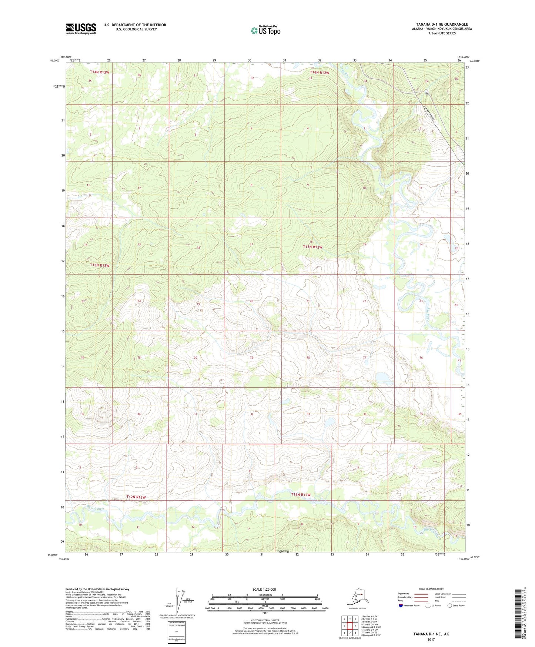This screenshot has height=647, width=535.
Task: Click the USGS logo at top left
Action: [x=81, y=29]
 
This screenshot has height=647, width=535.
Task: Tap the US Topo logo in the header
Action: [x=265, y=30]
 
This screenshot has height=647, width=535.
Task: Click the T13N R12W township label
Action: [x=312, y=247]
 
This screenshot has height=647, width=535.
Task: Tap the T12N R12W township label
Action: [x=300, y=495]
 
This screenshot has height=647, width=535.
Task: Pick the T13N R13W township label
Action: [x=100, y=265]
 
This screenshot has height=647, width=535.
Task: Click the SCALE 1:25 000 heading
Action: [x=264, y=589]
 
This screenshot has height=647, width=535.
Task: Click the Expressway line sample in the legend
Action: [x=421, y=594]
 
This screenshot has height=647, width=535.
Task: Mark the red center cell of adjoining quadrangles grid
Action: [x=350, y=626]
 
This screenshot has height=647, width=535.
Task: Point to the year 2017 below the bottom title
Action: [x=431, y=639]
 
